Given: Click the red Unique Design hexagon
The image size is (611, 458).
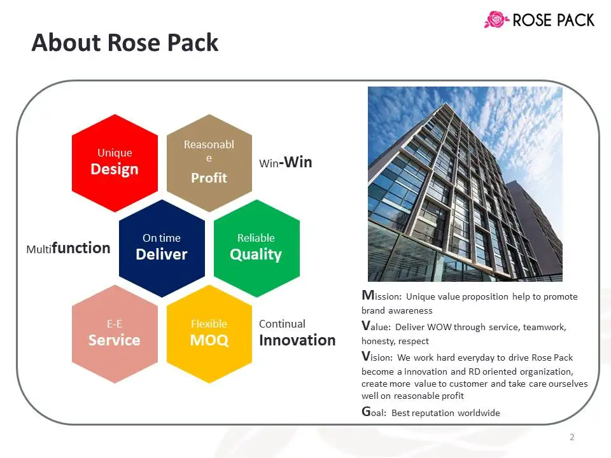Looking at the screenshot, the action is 115,163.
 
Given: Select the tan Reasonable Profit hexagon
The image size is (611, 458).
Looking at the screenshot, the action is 209,163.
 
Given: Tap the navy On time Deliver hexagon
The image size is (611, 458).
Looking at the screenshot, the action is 162,249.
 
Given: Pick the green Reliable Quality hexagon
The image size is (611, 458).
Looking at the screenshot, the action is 256,249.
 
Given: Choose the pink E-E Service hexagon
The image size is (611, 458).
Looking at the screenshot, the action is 115,334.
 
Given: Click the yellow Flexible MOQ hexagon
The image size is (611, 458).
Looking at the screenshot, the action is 209,334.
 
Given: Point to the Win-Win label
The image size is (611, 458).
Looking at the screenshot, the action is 286,162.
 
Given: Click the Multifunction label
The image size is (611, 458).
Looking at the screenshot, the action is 68,248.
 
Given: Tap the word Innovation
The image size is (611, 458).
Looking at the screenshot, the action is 297,340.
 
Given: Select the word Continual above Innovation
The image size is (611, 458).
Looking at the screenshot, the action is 282,324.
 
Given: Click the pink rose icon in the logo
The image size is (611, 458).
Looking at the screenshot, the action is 496,20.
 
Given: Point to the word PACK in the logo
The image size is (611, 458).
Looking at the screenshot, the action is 575,20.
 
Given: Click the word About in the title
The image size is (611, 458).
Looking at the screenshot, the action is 66,43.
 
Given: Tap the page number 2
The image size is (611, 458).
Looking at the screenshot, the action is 572,437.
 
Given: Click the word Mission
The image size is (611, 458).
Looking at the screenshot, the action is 381,296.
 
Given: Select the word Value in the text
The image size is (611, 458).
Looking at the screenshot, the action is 376,326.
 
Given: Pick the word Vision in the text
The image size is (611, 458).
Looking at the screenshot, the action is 377,356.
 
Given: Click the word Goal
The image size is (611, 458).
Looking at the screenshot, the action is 374,412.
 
